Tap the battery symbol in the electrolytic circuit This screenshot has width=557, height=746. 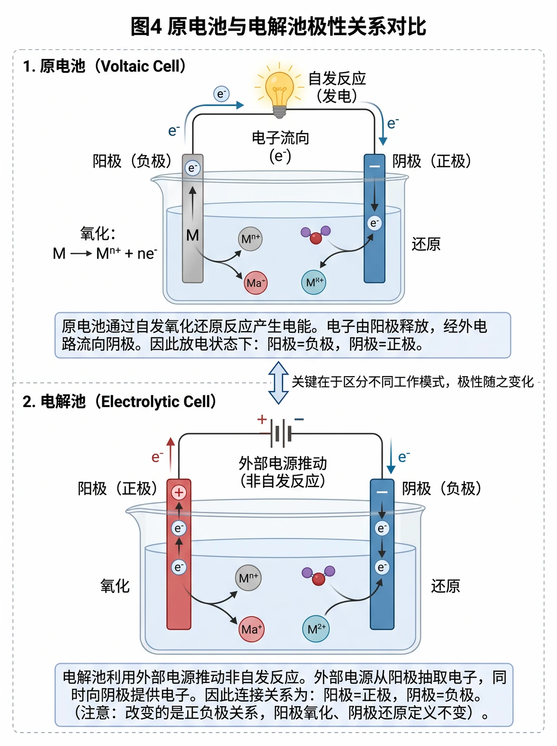point(281,433)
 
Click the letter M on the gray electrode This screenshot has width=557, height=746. point(192,235)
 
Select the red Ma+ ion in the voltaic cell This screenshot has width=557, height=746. point(256,282)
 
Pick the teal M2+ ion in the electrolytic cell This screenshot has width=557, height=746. point(316,629)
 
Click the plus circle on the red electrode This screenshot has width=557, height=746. point(178,493)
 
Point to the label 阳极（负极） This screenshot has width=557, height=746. point(133,161)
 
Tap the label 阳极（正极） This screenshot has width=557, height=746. point(118,489)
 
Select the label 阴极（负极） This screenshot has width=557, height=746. point(442,489)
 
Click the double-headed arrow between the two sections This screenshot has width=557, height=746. point(278,383)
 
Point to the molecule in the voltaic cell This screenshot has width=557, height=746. point(316,235)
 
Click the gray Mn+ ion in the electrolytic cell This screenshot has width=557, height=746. point(248,578)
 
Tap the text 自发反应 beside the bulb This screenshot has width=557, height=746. point(337,78)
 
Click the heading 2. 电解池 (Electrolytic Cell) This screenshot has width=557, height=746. point(120,401)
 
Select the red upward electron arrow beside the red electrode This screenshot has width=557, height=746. point(171,455)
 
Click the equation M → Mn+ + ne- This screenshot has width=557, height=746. point(105,253)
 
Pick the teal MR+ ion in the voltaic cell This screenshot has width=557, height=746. point(314,282)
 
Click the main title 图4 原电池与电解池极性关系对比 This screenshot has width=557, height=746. point(278,26)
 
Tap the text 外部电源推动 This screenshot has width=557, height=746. point(283,463)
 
